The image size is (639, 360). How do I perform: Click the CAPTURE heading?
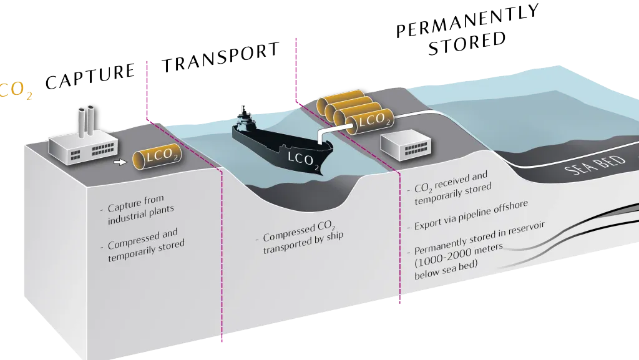[90, 76]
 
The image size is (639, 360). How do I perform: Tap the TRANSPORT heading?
[221, 57]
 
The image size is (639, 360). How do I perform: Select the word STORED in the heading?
[467, 43]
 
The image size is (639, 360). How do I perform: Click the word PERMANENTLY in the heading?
[468, 21]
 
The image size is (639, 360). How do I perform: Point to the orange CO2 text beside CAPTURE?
[16, 90]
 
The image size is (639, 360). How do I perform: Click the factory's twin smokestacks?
[86, 122]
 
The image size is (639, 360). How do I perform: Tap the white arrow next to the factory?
[120, 162]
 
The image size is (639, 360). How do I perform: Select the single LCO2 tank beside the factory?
[157, 157]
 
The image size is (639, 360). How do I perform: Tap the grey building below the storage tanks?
[406, 145]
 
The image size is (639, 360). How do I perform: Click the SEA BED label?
[595, 165]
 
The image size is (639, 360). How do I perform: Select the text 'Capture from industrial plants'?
[138, 209]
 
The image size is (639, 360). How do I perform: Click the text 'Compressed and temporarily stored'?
[143, 245]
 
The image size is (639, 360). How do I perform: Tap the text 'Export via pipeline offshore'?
[469, 215]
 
